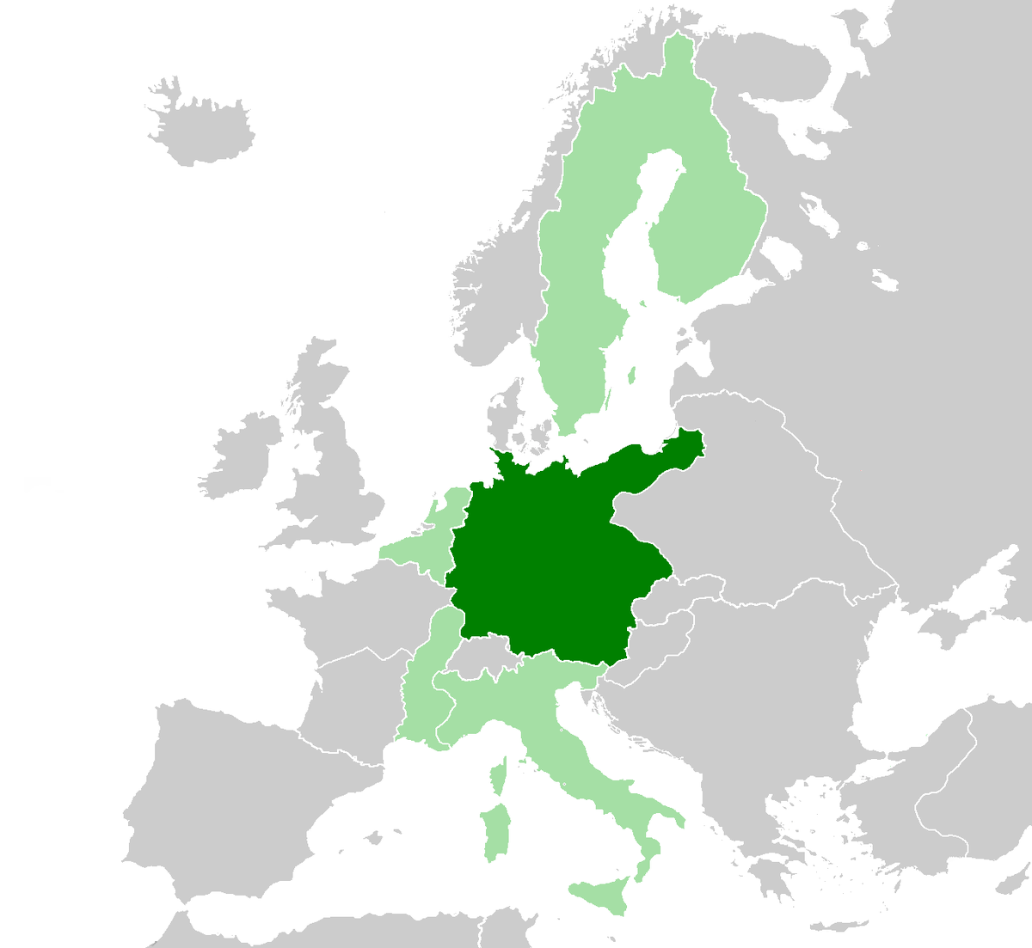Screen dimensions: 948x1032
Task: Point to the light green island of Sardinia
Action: [x=494, y=829]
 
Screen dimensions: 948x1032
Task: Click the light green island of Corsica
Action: [x=497, y=778]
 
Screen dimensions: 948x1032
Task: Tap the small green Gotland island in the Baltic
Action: [x=631, y=376]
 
